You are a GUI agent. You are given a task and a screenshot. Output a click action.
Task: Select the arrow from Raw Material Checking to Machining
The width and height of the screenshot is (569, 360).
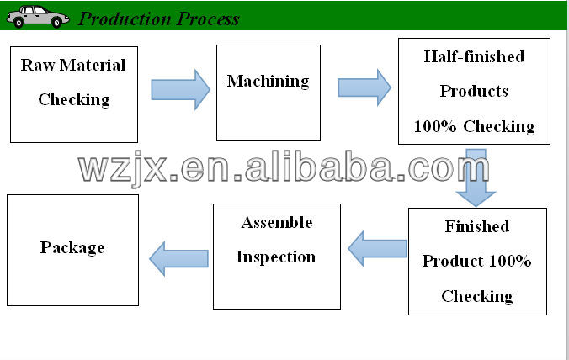(180, 89)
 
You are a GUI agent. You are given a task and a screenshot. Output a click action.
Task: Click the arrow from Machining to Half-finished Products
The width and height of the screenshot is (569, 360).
(364, 87)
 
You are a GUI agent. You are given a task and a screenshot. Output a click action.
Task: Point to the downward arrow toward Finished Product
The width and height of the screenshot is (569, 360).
(476, 178)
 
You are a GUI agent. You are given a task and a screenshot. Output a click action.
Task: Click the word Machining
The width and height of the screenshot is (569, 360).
(268, 82)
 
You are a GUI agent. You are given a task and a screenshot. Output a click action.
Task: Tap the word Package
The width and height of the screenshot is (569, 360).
(72, 248)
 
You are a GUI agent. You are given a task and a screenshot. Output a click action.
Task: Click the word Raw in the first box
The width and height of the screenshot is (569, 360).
(36, 65)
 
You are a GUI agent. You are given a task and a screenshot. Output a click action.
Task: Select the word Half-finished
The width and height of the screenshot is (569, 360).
(474, 56)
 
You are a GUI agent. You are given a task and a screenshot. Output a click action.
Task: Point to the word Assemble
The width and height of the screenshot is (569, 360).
(276, 223)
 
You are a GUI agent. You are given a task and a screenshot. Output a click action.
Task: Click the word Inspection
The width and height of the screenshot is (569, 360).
(276, 257)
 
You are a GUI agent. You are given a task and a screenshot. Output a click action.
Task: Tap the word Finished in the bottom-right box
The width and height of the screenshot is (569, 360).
(477, 227)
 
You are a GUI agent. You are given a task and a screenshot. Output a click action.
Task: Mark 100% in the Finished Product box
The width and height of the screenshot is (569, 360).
(513, 262)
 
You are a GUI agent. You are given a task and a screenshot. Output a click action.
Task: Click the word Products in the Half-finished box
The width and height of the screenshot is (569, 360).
(474, 91)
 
